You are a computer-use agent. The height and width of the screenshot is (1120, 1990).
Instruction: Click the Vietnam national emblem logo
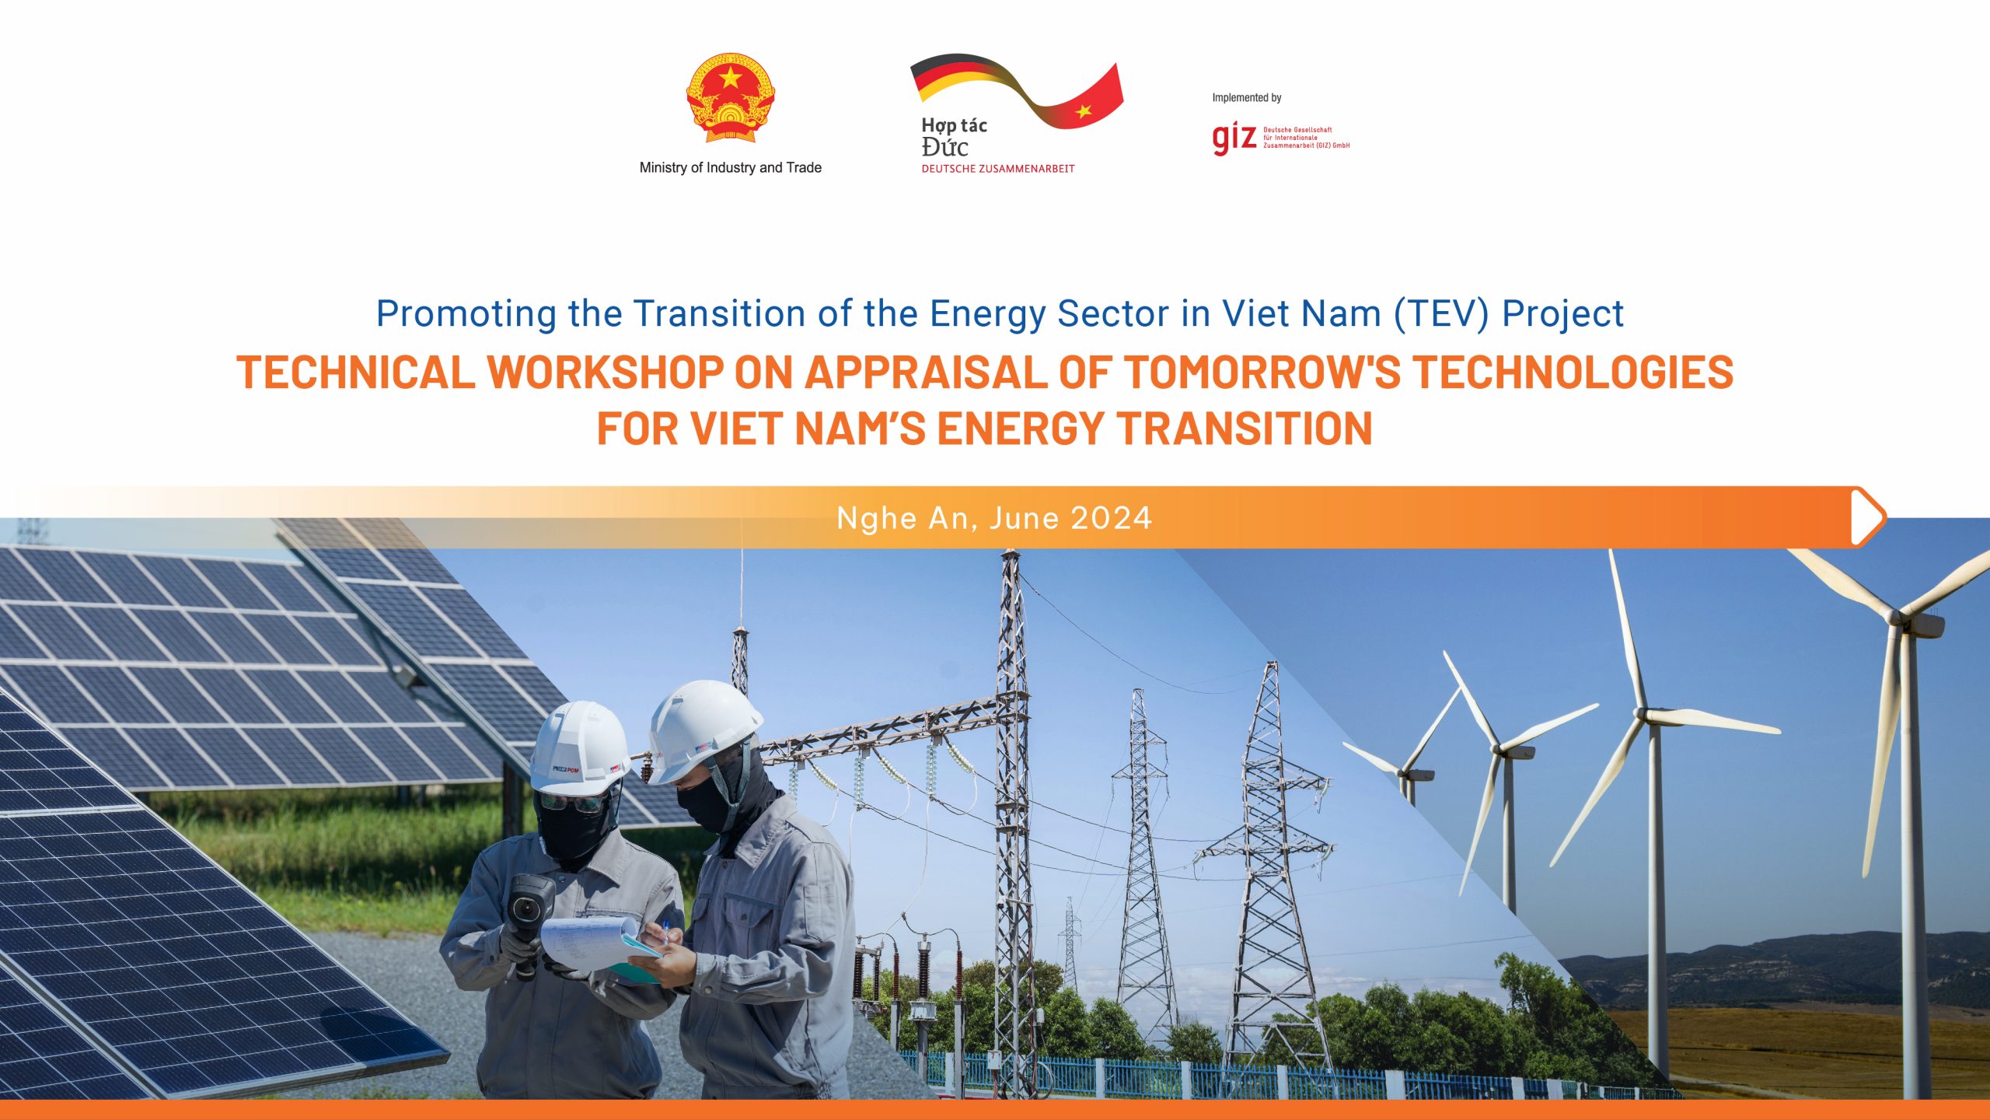click(x=730, y=99)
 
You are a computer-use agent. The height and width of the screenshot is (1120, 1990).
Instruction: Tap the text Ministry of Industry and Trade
click(x=730, y=167)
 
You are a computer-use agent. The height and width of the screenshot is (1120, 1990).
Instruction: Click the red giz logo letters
click(x=1234, y=138)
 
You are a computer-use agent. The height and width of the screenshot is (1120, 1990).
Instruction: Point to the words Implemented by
click(x=1246, y=98)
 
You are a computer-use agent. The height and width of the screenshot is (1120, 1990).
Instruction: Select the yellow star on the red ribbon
click(x=1084, y=110)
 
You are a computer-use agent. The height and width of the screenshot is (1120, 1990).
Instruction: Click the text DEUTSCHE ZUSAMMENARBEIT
click(x=997, y=169)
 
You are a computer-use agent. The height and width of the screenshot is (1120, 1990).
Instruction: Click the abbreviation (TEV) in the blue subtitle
click(x=1440, y=313)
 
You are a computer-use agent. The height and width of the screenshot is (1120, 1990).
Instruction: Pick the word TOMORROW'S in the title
click(x=1262, y=372)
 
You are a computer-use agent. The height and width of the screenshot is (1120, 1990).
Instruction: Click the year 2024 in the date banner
click(x=1112, y=518)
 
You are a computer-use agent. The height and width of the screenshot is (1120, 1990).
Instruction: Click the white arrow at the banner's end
click(x=1867, y=516)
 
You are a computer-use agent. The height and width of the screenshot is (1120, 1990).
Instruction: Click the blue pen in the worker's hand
click(x=665, y=930)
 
